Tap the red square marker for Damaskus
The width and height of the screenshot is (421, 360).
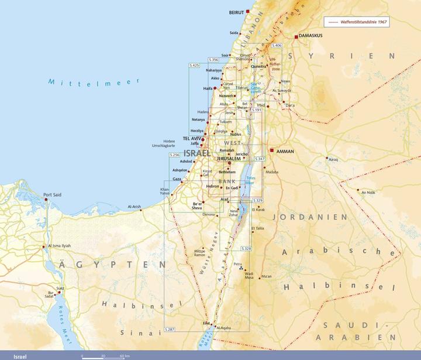[x=296, y=36]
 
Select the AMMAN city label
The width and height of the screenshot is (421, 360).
[x=285, y=151]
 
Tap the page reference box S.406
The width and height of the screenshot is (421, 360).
[x=277, y=45]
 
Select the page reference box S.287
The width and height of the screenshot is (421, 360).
[x=170, y=330]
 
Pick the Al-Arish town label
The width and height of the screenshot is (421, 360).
[x=134, y=207]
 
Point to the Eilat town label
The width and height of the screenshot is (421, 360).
[x=206, y=323]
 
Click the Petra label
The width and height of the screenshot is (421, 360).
[x=237, y=264]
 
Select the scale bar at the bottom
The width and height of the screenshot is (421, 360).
[x=105, y=355]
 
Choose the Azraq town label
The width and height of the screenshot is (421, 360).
[x=333, y=159]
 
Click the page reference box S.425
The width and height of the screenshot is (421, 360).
[x=194, y=65]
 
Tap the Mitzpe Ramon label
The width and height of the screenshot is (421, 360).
[x=200, y=253]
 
